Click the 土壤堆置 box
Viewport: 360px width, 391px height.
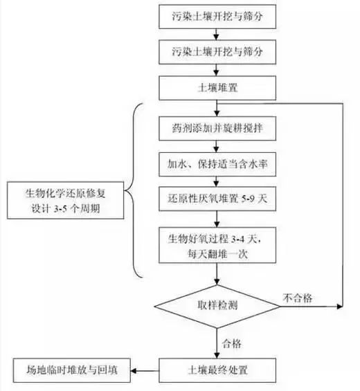point(217,87)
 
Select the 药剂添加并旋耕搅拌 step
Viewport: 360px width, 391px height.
point(217,128)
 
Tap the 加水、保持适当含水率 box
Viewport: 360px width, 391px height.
point(217,164)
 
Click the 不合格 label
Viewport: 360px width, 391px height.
point(298,298)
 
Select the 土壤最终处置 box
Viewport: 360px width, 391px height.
point(217,368)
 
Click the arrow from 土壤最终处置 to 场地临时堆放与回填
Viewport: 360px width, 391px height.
point(143,368)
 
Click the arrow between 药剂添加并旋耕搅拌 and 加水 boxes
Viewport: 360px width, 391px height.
point(217,146)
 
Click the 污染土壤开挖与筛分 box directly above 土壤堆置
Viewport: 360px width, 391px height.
point(217,51)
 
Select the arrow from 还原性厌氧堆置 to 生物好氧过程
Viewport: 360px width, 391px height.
point(217,219)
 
